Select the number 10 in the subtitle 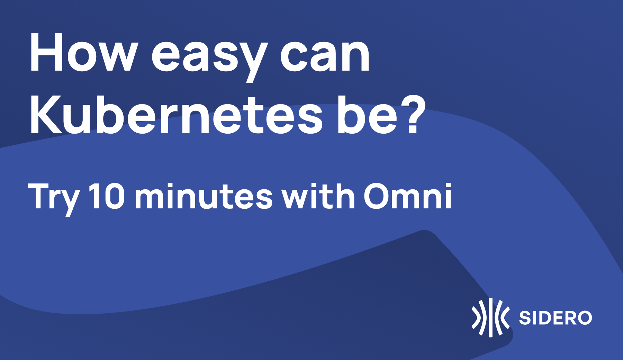[x=107, y=196]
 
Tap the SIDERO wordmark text [x=556, y=318]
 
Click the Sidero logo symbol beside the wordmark [x=490, y=317]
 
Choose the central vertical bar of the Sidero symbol [x=490, y=317]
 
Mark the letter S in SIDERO [x=525, y=318]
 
